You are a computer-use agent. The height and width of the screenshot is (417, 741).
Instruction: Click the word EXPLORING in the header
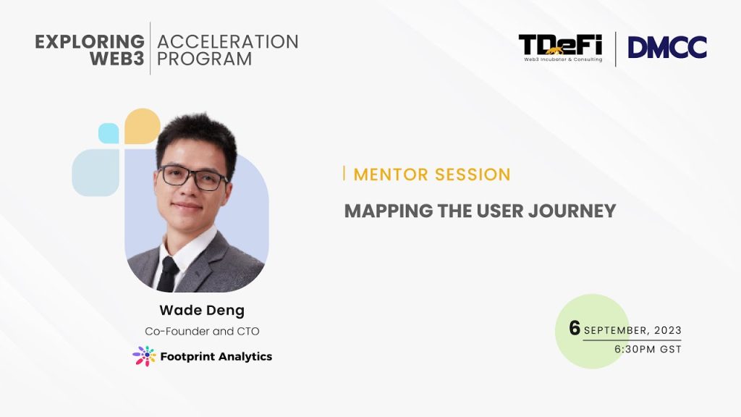tap(90, 41)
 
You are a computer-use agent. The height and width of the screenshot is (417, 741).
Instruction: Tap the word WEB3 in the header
tap(117, 59)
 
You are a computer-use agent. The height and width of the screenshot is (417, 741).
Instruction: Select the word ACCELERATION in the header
tap(228, 41)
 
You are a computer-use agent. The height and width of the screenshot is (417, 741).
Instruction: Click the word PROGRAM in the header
tap(204, 59)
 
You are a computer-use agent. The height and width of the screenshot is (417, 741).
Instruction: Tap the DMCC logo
tap(667, 47)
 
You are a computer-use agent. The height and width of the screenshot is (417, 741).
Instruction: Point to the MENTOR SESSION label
tap(432, 174)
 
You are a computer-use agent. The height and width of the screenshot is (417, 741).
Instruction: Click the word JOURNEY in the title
tap(572, 211)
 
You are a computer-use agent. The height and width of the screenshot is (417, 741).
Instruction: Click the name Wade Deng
tap(202, 311)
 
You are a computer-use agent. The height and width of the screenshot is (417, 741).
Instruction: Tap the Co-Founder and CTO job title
tap(202, 332)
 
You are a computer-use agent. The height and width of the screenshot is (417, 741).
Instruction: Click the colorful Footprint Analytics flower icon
tap(144, 356)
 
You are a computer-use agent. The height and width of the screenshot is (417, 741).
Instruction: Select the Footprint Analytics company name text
tap(216, 356)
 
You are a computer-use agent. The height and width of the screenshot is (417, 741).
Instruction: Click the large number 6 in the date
tap(575, 328)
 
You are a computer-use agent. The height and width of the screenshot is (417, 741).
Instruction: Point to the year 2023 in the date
tap(668, 330)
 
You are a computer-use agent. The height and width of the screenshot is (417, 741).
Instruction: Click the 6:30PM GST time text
tap(648, 350)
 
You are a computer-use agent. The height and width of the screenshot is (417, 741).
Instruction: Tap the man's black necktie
tap(168, 274)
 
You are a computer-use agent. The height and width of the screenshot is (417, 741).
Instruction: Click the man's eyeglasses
tap(193, 177)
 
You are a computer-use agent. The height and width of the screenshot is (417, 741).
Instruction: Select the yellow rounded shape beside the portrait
tap(143, 126)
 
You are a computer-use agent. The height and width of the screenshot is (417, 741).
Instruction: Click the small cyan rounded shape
tap(109, 133)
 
